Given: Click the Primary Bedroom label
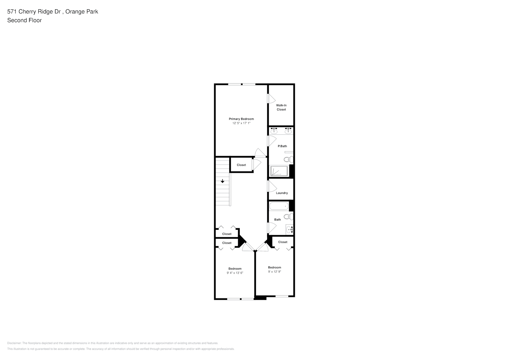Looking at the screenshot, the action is point(241,119).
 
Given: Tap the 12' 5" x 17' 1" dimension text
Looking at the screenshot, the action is point(241,123).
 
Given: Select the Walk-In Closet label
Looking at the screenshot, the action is point(281,107).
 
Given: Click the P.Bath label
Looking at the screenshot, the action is point(282,146).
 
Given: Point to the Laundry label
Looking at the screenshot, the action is point(282,193).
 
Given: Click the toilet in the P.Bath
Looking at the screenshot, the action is point(289,159).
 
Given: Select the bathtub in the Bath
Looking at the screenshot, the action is point(279,206).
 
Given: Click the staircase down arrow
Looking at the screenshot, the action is point(222,181).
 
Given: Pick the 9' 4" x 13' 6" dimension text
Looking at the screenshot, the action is point(235,273).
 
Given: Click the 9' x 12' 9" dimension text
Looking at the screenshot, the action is point(275,271).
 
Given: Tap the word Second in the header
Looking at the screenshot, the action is point(16,20).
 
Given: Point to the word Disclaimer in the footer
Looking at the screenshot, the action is point(14,343).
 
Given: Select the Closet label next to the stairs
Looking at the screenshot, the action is point(241,165).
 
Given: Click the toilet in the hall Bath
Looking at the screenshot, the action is point(289,217).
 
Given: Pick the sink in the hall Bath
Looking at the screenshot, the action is point(289,230).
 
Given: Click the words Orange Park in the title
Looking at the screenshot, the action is point(82,12).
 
